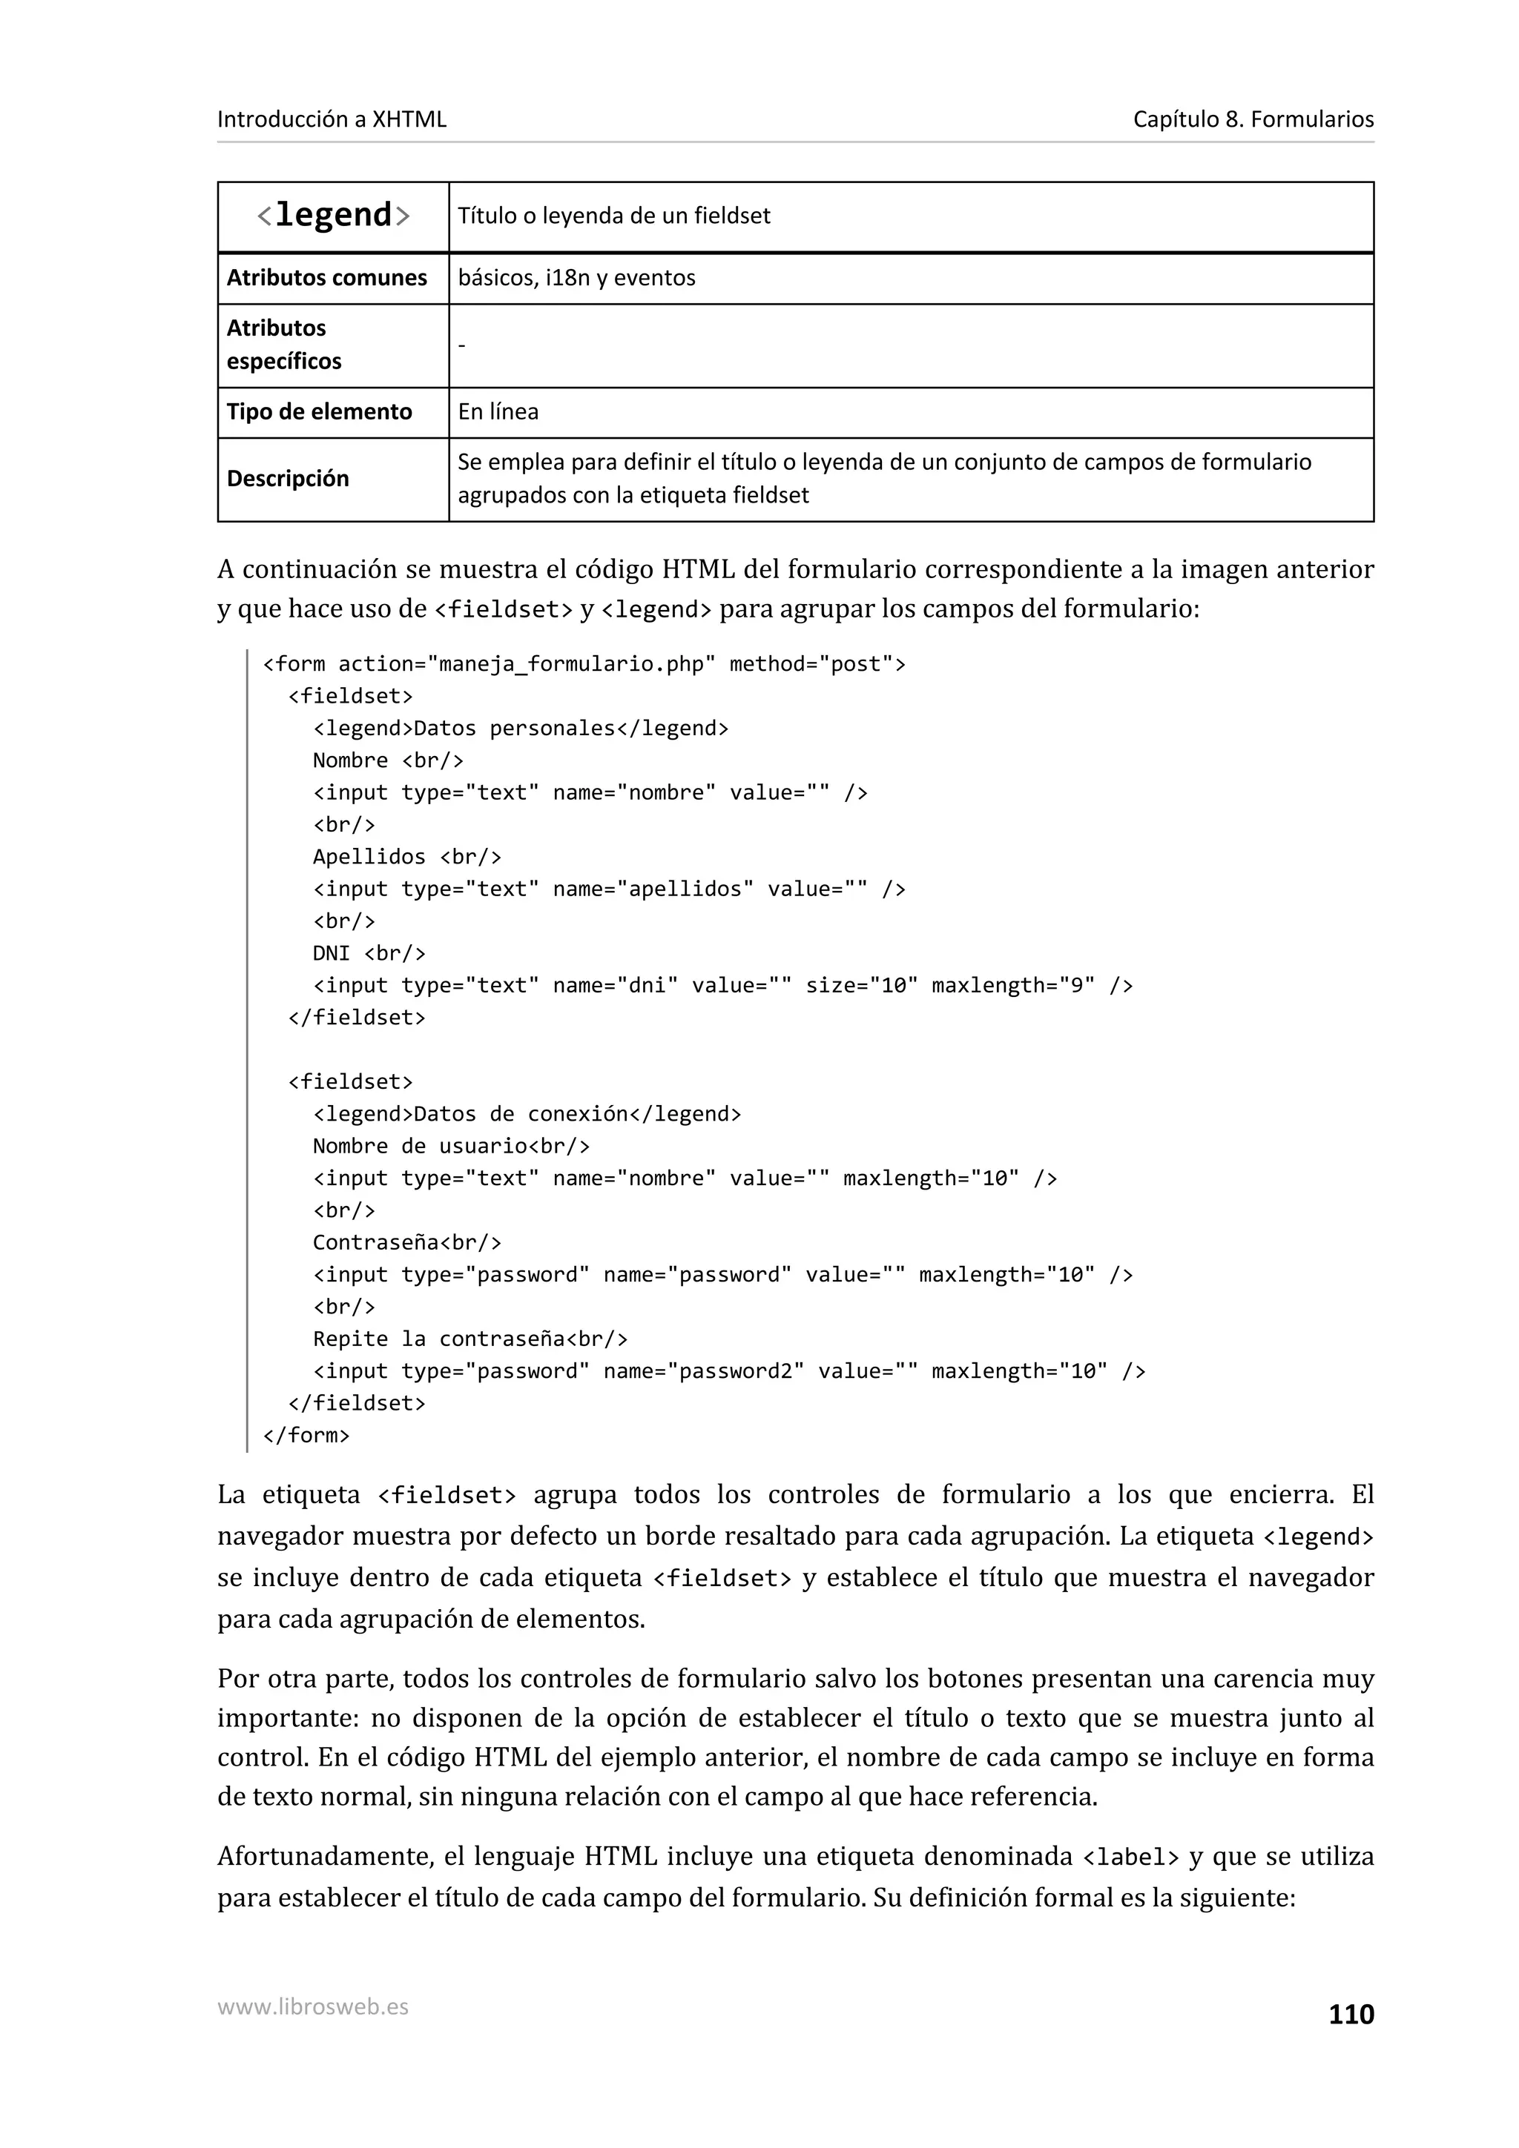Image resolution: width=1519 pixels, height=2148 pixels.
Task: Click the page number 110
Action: tap(1351, 2015)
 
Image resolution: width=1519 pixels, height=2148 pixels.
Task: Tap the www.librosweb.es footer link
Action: tap(312, 2006)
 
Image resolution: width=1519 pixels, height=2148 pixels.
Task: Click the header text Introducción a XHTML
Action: tap(332, 120)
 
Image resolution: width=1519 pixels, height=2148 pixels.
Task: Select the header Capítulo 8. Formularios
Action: tap(1252, 120)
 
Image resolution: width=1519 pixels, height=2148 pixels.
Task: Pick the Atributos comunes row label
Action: tap(326, 278)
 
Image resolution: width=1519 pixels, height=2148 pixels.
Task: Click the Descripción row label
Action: tap(287, 479)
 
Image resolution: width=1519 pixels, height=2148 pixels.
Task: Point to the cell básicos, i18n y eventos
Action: tap(576, 278)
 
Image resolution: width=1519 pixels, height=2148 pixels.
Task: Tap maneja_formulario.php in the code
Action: tap(571, 664)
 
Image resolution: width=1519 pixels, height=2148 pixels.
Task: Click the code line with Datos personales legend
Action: tap(521, 729)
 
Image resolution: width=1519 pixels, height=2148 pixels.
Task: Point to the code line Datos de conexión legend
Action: tap(527, 1114)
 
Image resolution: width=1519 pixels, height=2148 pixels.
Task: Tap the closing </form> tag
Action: tap(306, 1435)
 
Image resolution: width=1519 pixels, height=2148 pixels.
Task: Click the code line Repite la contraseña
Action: tap(469, 1339)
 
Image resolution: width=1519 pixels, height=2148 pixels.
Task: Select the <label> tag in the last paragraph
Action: tap(1130, 1857)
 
